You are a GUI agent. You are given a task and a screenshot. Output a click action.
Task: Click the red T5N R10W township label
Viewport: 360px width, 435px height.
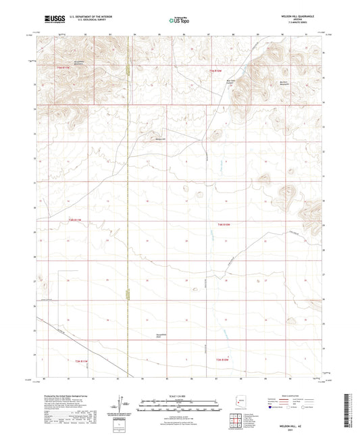[x=215, y=70]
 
